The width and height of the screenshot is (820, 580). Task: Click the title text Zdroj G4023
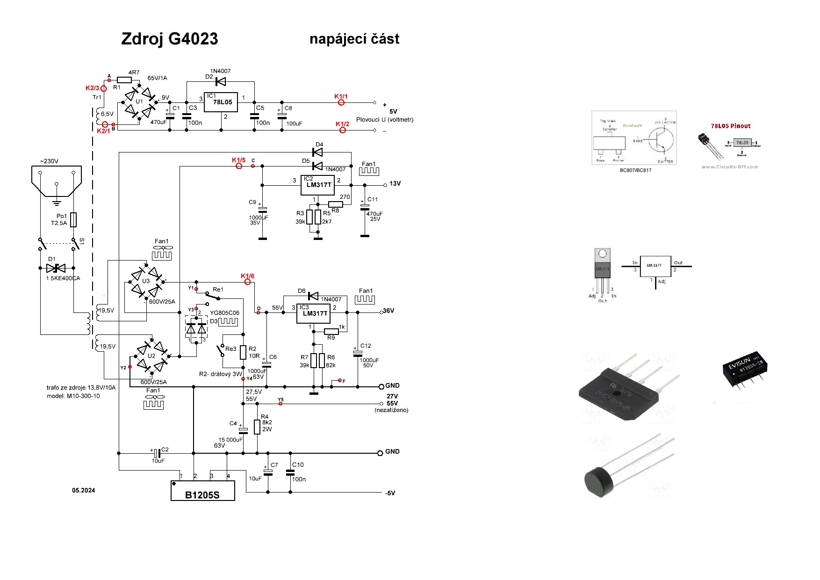[169, 39]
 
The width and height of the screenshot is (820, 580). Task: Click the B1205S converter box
[202, 491]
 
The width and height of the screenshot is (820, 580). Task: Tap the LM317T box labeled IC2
[318, 185]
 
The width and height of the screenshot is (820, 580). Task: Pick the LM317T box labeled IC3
[314, 314]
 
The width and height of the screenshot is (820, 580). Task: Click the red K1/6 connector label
[247, 276]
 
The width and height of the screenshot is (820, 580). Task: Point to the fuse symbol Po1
[73, 220]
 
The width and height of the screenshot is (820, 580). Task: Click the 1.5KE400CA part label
[63, 278]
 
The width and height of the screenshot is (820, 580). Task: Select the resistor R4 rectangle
[257, 427]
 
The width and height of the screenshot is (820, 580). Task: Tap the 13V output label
[395, 184]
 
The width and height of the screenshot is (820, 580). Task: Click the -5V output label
[390, 493]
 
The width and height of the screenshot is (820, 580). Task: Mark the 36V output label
[388, 311]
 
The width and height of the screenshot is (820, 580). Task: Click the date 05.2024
[83, 490]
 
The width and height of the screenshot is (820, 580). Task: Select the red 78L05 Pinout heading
[730, 126]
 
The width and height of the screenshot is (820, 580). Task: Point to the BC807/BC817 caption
[635, 170]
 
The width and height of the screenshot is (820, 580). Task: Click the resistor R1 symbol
[124, 80]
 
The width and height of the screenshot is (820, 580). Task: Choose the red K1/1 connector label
[341, 97]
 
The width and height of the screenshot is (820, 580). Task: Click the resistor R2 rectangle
[243, 352]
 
